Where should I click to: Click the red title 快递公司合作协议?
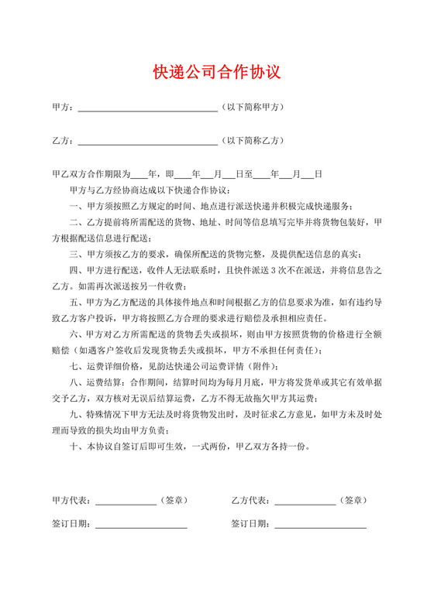coord(216,73)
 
